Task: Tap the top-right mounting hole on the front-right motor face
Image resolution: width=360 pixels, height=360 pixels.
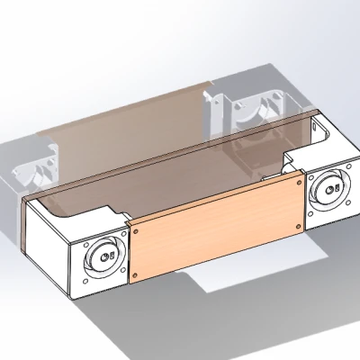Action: tap(345, 169)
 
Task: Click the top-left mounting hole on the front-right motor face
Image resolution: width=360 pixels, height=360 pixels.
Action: tap(310, 177)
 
